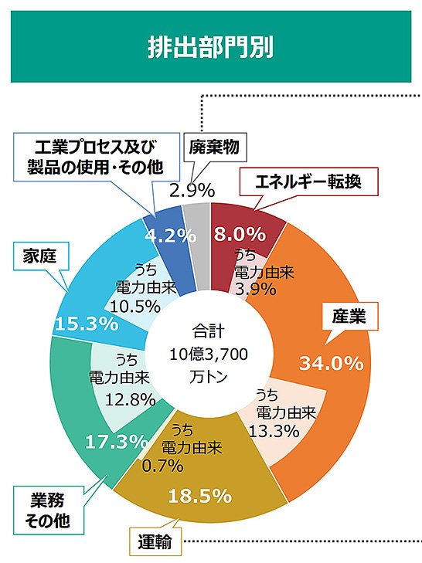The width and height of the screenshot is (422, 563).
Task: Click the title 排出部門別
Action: pos(211,48)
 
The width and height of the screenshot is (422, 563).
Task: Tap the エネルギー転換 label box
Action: pos(309,183)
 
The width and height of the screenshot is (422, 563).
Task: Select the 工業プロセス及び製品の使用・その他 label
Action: pos(95,156)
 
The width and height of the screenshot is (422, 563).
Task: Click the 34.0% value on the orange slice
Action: pos(331,361)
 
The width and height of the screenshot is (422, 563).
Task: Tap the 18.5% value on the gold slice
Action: pos(200,495)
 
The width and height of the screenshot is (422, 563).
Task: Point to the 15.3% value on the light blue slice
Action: pos(86,324)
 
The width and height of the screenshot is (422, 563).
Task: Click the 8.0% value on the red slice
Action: pos(240,233)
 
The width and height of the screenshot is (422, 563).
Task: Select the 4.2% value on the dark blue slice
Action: pos(170,236)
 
